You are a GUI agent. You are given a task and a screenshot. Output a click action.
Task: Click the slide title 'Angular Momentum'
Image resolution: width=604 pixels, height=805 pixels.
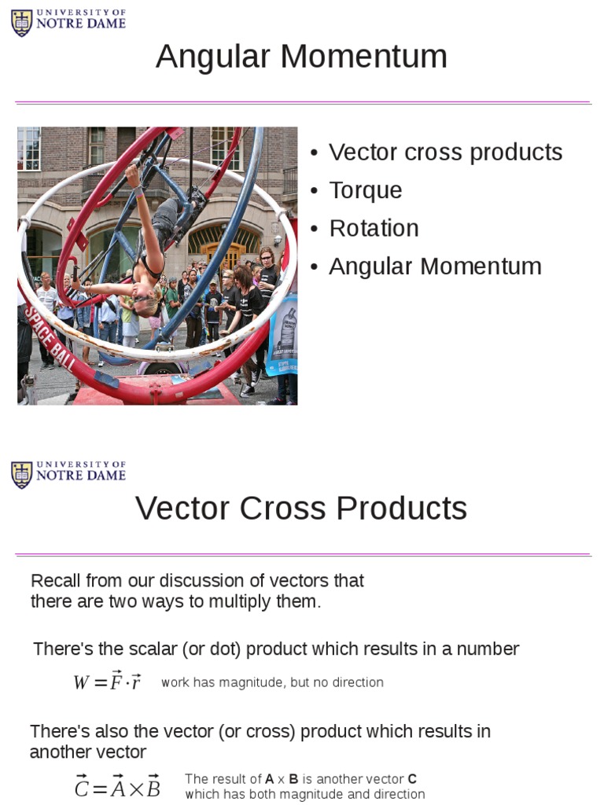301,57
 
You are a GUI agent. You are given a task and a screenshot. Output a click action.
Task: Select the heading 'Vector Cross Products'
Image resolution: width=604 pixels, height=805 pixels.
301,509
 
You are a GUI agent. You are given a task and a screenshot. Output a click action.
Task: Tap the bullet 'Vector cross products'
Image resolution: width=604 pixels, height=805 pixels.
445,152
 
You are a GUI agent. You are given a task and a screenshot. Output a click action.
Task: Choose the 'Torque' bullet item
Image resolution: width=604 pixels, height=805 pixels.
365,190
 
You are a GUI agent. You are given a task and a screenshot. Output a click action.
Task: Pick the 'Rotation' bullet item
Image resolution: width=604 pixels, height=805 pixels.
374,228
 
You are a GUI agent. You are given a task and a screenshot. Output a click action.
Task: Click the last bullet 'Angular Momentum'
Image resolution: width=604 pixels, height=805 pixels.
435,266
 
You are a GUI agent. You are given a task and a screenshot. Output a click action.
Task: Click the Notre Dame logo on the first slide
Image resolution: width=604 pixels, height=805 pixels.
68,22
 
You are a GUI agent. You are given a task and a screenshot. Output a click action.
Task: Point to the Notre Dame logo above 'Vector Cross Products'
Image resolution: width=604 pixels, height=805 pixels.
68,474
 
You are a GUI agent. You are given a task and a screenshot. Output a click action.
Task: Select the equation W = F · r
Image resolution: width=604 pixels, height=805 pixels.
107,682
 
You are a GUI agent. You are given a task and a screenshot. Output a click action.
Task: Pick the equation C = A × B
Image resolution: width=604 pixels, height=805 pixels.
117,787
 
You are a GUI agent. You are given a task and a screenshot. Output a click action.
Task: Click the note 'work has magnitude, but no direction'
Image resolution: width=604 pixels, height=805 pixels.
272,682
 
